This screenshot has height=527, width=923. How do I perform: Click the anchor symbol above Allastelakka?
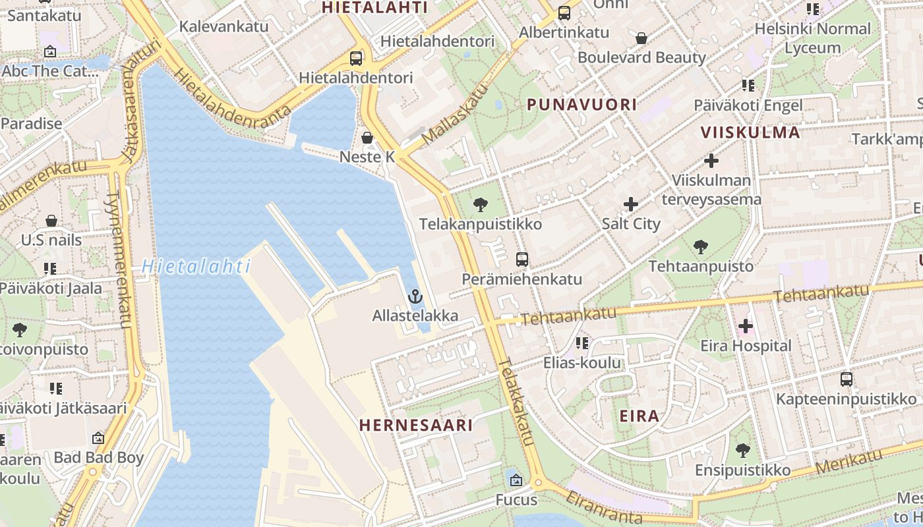[x=415, y=296]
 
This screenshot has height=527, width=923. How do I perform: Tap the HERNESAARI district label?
[x=416, y=425]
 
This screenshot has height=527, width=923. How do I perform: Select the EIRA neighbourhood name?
[x=640, y=416]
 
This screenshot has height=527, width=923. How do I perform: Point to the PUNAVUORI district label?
[x=582, y=104]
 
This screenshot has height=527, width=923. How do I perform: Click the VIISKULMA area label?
[x=750, y=132]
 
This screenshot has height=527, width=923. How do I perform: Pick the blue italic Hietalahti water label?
[x=196, y=266]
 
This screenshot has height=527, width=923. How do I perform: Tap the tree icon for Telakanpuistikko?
[x=481, y=205]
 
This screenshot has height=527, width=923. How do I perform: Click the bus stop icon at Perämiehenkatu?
[x=522, y=259]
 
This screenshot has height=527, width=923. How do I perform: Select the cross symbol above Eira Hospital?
[x=746, y=326]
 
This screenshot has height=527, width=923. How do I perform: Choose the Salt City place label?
[x=631, y=223]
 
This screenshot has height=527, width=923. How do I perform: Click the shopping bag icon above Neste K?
[x=367, y=137]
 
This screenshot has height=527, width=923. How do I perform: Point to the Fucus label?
[x=517, y=500]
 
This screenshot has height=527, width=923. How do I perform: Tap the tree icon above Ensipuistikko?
[x=743, y=451]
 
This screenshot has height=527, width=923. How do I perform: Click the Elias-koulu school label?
[x=582, y=362]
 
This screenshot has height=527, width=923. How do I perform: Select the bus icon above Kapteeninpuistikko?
[x=847, y=379]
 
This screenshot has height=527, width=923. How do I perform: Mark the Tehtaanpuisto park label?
[x=701, y=266]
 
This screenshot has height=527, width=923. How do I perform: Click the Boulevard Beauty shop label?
[x=641, y=57]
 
